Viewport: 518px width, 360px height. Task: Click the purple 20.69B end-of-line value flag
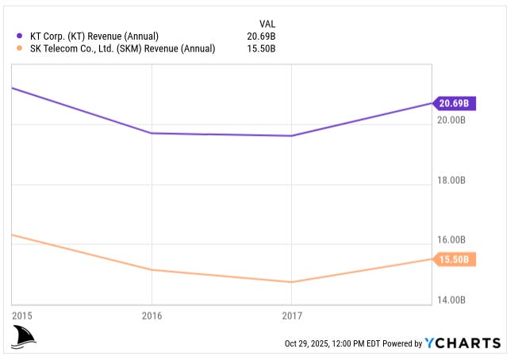455,103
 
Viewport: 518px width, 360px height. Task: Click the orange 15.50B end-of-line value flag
455,259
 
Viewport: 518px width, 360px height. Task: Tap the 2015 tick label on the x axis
22,316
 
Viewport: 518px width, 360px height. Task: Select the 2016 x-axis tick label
152,316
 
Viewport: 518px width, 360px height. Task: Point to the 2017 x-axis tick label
292,316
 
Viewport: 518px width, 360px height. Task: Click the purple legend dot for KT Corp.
19,36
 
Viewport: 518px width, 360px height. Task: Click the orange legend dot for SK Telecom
19,48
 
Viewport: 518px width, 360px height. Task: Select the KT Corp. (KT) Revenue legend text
93,36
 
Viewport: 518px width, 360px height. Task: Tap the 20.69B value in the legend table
262,36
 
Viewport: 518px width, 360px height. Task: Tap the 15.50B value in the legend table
262,48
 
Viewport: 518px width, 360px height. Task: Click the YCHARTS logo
462,343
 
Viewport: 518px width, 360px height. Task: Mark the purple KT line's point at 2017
292,136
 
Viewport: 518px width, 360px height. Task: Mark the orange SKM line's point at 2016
152,270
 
